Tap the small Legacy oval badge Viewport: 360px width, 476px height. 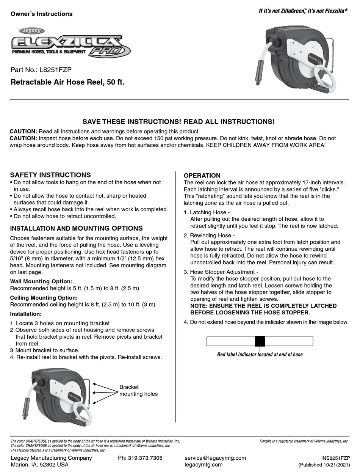(x=32, y=31)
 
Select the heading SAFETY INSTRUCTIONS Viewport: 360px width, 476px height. (x=50, y=175)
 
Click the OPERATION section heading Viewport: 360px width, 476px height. (x=202, y=176)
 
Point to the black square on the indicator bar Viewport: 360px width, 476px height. (x=260, y=341)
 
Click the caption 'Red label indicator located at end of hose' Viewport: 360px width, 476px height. (x=260, y=355)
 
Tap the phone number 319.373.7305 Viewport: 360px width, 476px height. (x=140, y=458)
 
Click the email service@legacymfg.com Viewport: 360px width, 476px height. (x=215, y=458)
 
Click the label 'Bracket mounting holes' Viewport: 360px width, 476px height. (x=138, y=390)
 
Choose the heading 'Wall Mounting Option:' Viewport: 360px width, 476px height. (x=41, y=281)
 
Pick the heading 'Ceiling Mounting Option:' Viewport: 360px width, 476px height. (x=44, y=298)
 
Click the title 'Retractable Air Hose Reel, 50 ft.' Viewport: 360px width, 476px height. (x=67, y=82)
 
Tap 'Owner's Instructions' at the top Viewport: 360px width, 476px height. (x=41, y=14)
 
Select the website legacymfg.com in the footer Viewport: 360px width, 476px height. (x=203, y=465)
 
